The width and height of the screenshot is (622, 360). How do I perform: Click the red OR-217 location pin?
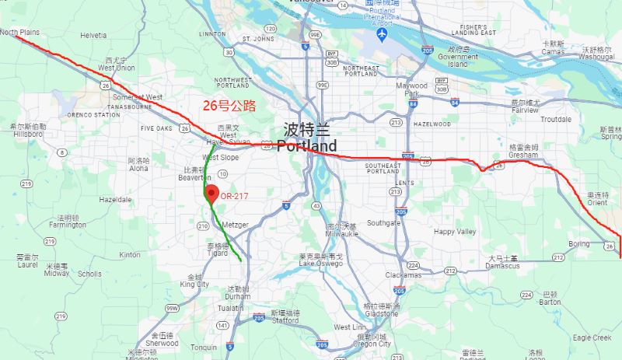click(210, 194)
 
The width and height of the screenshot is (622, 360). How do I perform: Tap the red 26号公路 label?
click(229, 106)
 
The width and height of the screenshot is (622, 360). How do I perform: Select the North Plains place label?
click(19, 33)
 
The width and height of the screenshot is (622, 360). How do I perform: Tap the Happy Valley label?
click(455, 232)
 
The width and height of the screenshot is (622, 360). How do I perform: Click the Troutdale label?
click(555, 119)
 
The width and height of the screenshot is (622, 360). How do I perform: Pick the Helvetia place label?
click(93, 36)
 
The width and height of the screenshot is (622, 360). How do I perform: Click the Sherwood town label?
click(162, 342)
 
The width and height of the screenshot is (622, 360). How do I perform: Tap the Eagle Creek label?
click(592, 337)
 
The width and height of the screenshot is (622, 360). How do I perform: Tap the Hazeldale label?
click(115, 200)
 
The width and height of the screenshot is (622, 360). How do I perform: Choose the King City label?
click(194, 285)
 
